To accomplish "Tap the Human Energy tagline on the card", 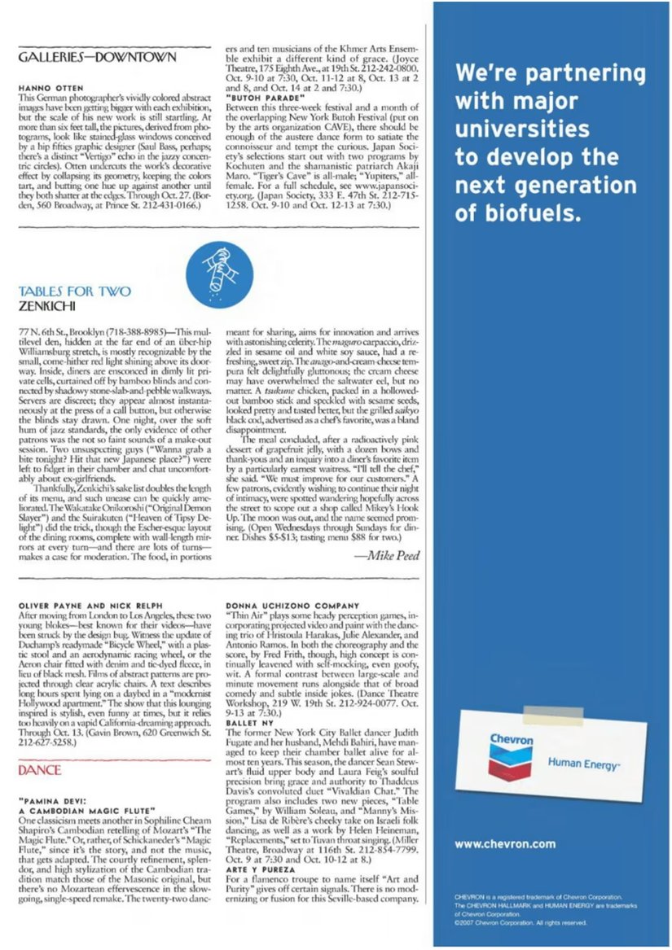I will [x=576, y=763].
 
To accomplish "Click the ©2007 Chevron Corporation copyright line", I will [x=521, y=923].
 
